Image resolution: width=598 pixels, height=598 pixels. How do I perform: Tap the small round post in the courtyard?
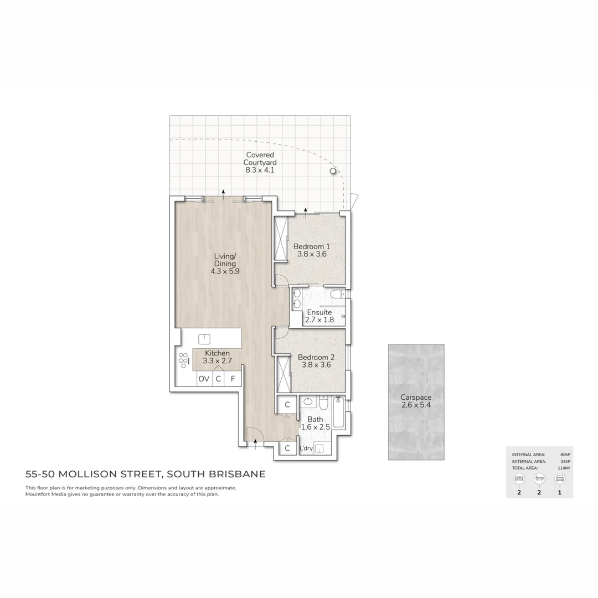coord(333,172)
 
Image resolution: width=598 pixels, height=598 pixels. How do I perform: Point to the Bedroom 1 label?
coord(312,246)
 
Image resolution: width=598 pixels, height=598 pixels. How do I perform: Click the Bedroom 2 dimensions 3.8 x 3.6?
coord(316,365)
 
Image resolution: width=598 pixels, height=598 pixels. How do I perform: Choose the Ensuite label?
coord(319,312)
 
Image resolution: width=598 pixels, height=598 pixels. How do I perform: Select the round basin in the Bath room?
coord(308,401)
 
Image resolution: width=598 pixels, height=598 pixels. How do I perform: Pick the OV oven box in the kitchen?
coord(204,379)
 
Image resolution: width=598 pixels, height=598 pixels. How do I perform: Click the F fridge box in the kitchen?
coord(233,379)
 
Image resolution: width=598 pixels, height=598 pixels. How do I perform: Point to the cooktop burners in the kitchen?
coord(183,360)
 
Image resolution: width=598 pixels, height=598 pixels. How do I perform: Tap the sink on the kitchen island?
coord(205,339)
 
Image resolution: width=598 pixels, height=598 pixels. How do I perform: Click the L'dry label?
coord(306,448)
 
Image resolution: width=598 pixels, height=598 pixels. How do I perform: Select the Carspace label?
coord(416,398)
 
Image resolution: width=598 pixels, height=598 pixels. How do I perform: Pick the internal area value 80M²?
coord(565,454)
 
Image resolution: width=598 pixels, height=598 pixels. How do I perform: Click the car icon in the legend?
coord(559,478)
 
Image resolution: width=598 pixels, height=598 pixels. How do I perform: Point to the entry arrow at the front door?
coord(255,441)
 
